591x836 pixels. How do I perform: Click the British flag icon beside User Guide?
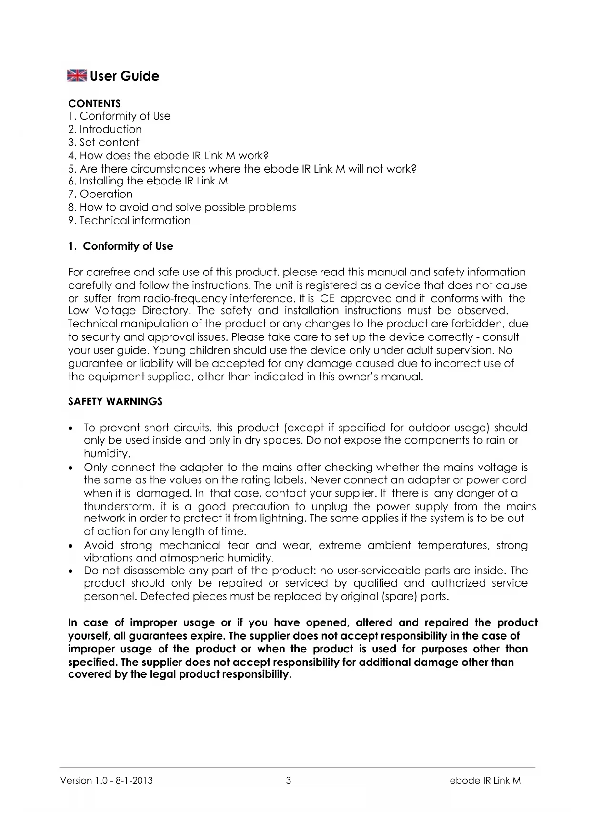click(x=77, y=76)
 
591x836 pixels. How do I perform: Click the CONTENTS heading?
click(x=94, y=103)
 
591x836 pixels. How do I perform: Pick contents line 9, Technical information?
click(x=130, y=220)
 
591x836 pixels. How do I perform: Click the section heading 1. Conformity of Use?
click(x=120, y=246)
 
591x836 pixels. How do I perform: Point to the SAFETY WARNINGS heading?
click(x=115, y=401)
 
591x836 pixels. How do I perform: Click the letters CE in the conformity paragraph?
click(x=327, y=298)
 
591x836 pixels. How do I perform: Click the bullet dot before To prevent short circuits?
click(x=71, y=428)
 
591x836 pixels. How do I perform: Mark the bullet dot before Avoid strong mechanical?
click(x=71, y=546)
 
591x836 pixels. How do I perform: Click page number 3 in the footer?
click(x=289, y=780)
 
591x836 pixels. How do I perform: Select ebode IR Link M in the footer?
click(x=485, y=780)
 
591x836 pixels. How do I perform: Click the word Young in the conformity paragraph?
click(x=170, y=350)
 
